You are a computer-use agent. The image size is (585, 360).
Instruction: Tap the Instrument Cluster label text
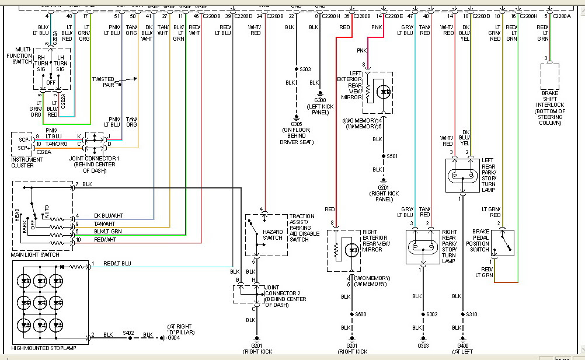click(26, 162)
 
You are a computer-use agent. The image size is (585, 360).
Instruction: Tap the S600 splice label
click(362, 314)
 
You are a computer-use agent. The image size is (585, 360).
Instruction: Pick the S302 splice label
click(431, 314)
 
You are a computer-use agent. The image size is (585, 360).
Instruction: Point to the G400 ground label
click(463, 345)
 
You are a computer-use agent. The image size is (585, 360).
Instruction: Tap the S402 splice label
click(128, 333)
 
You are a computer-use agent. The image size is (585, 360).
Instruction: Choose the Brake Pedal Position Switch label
click(480, 240)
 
